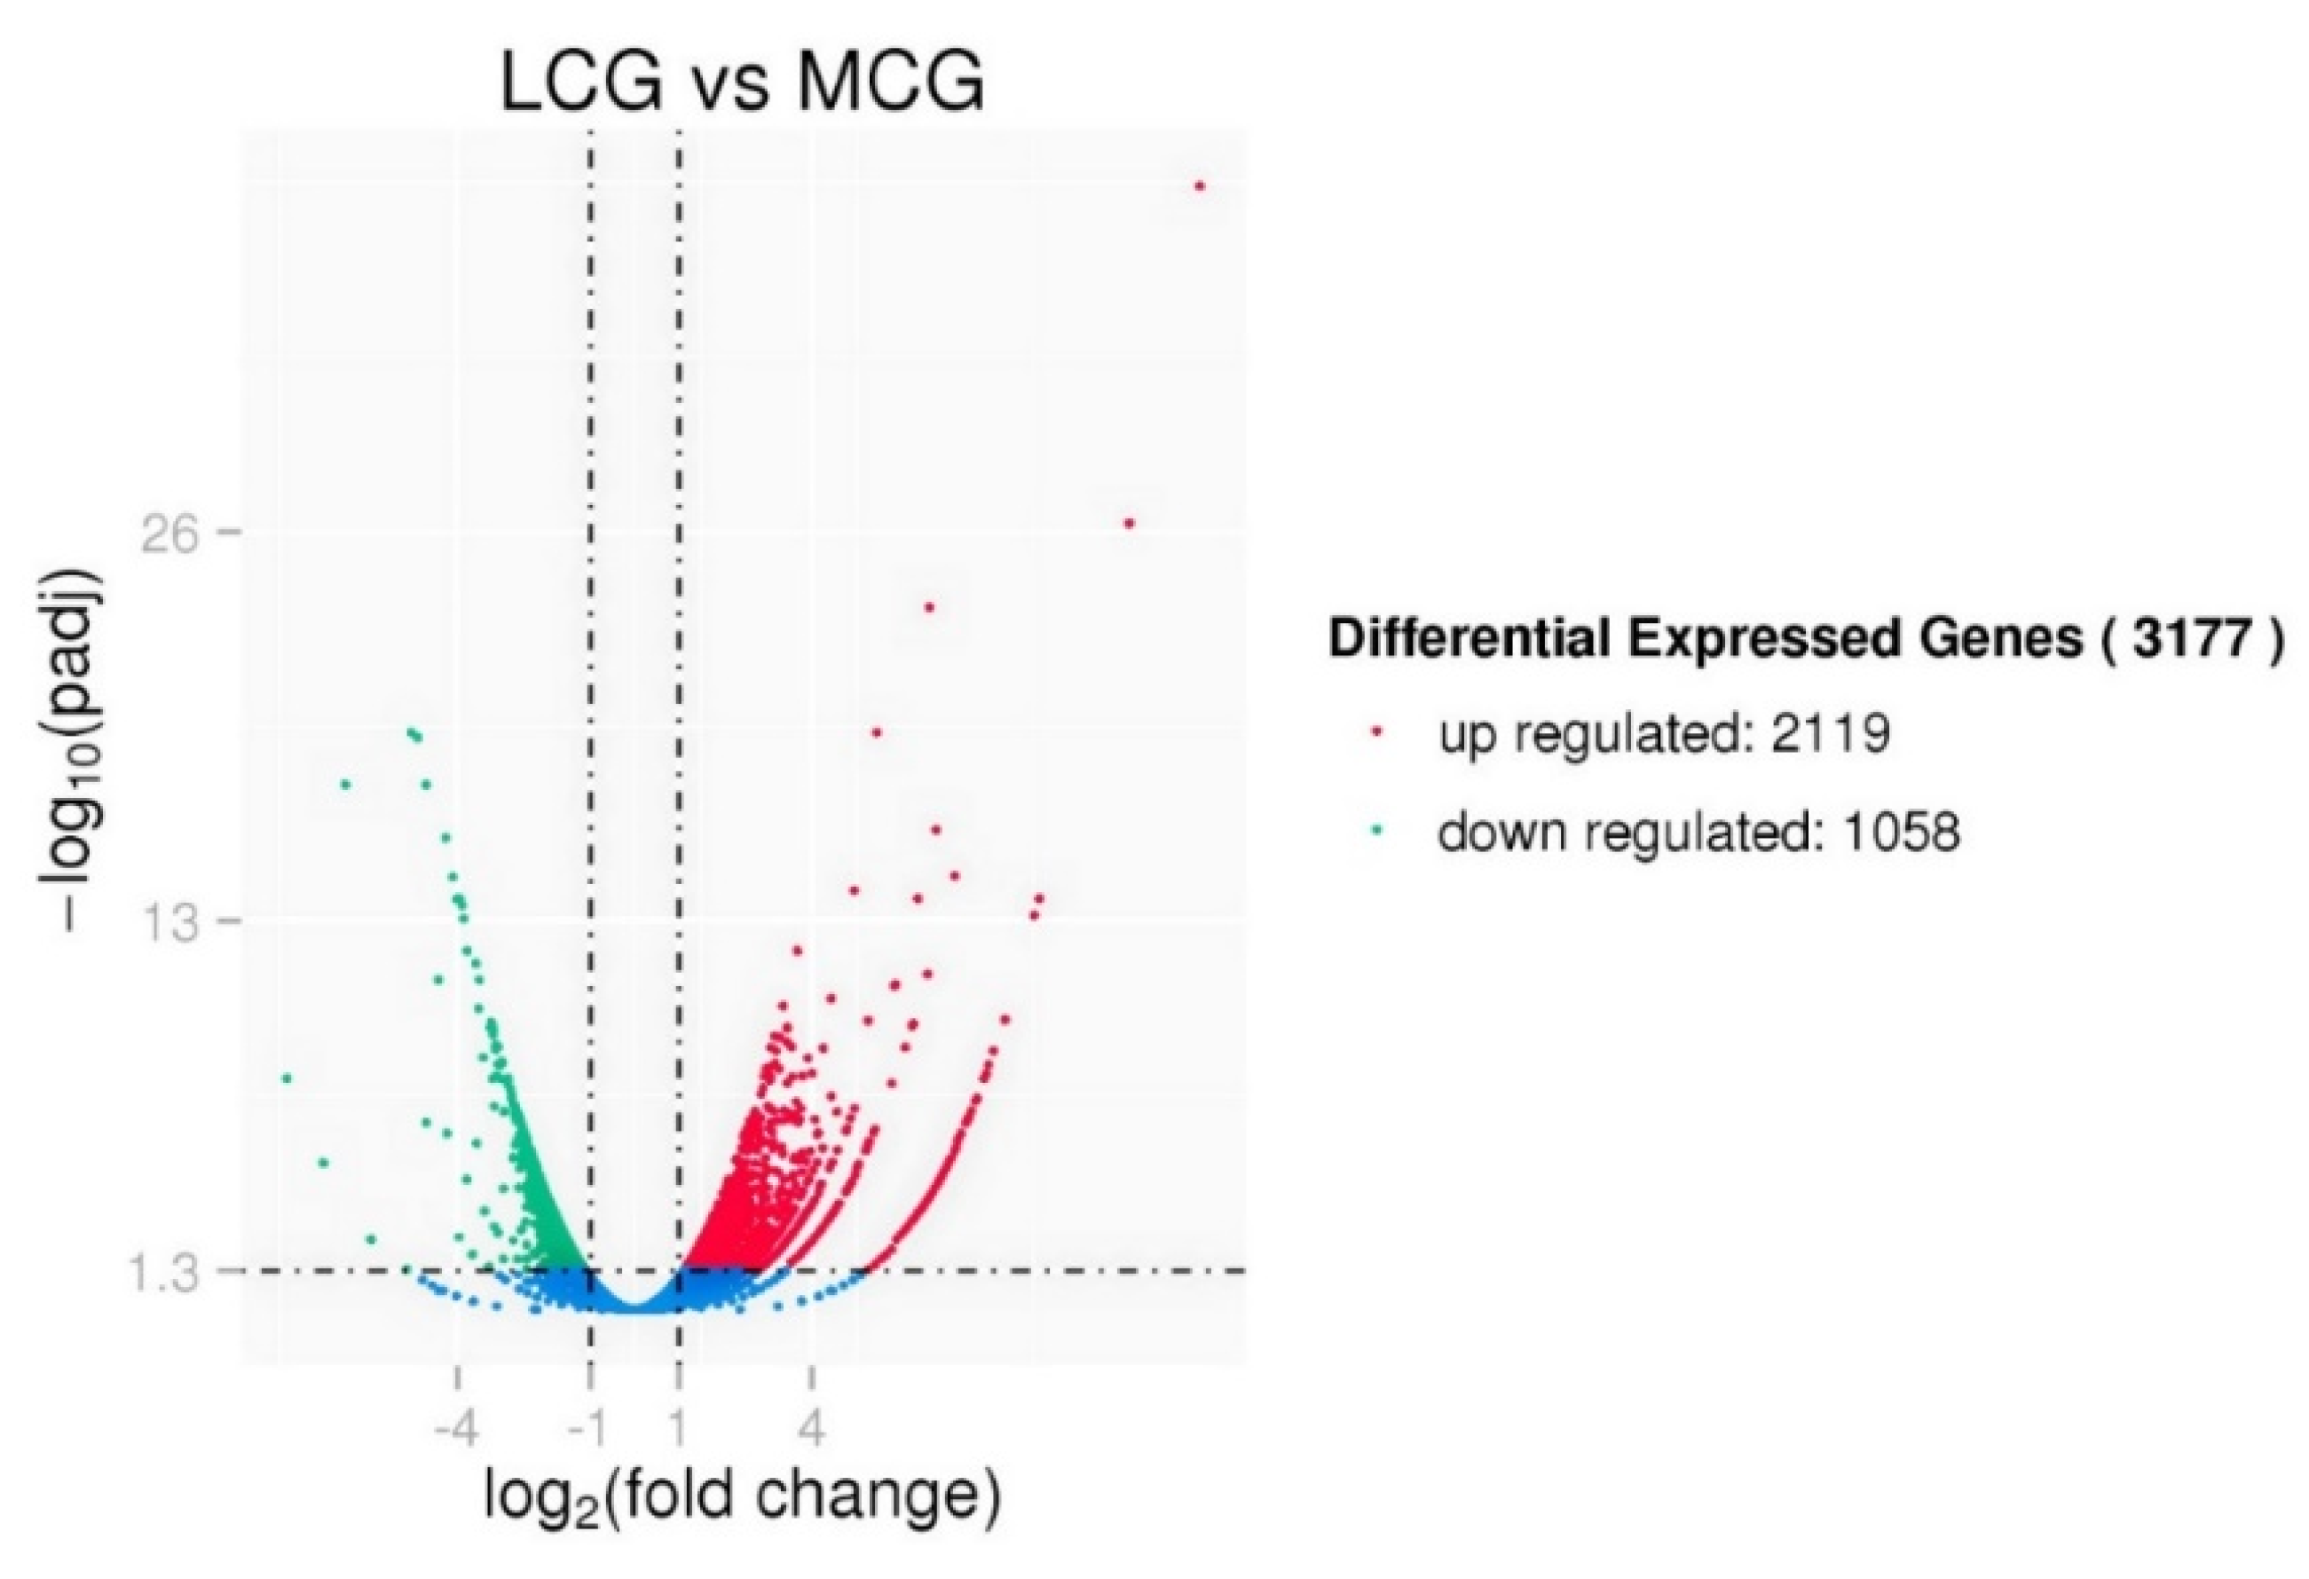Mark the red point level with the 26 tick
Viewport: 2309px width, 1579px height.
coord(1128,524)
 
